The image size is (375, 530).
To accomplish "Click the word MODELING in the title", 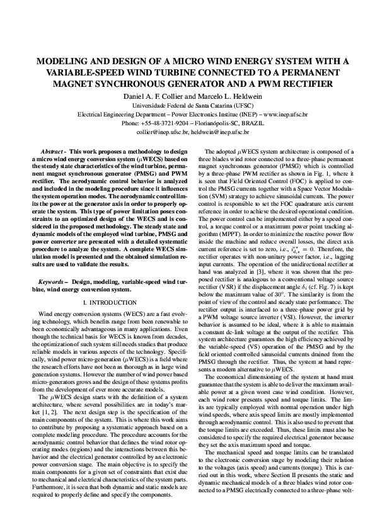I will tap(62, 62).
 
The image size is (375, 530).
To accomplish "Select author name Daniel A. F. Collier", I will tap(149, 96).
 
